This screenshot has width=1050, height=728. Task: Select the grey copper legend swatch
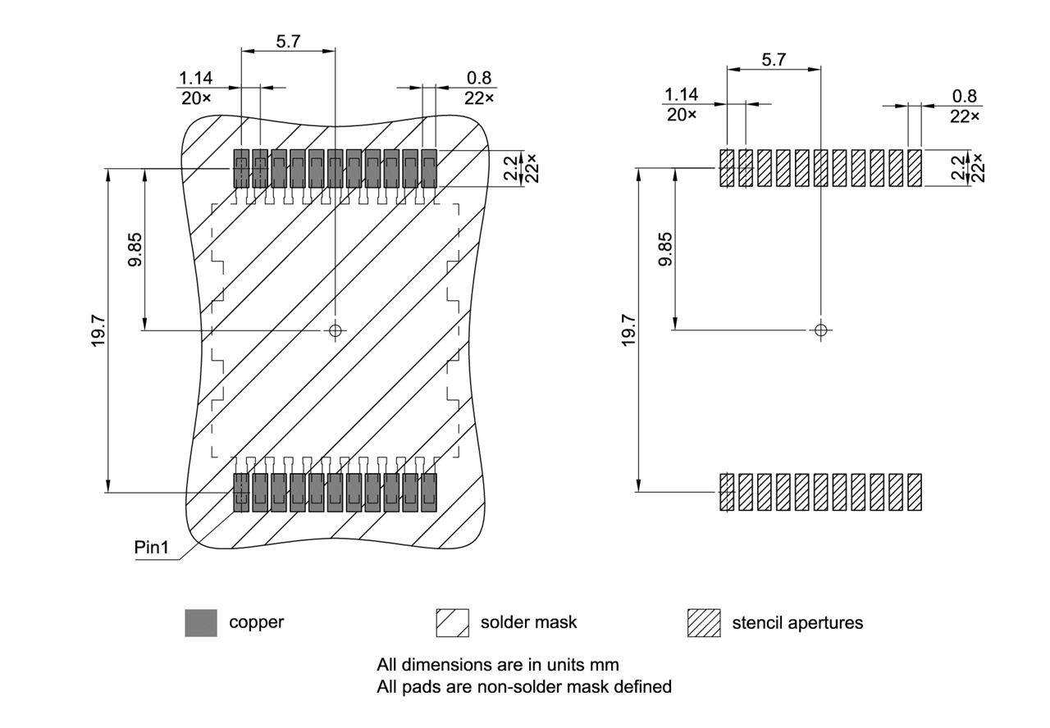pos(201,622)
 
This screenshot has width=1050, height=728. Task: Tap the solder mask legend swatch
pos(452,622)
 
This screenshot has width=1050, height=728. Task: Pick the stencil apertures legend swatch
pos(704,622)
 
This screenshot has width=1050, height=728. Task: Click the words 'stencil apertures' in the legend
pos(797,622)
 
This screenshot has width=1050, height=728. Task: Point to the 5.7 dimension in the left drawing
pos(288,41)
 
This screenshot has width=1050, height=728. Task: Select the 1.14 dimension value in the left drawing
pos(195,78)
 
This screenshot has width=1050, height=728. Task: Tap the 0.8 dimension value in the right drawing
pos(963,97)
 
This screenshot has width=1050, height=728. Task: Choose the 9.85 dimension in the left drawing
pos(135,248)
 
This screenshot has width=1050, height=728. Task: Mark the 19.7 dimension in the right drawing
pos(628,330)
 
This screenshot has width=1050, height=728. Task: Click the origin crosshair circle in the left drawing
pos(334,330)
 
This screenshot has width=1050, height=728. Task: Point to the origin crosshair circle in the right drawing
pos(820,330)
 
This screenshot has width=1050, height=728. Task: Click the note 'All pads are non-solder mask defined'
pos(523,687)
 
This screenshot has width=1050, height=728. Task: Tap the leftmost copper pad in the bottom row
pos(241,493)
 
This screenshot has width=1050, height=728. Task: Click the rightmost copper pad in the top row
pos(429,168)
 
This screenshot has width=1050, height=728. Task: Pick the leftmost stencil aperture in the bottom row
pos(727,492)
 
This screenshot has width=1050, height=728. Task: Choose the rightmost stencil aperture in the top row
pos(915,168)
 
